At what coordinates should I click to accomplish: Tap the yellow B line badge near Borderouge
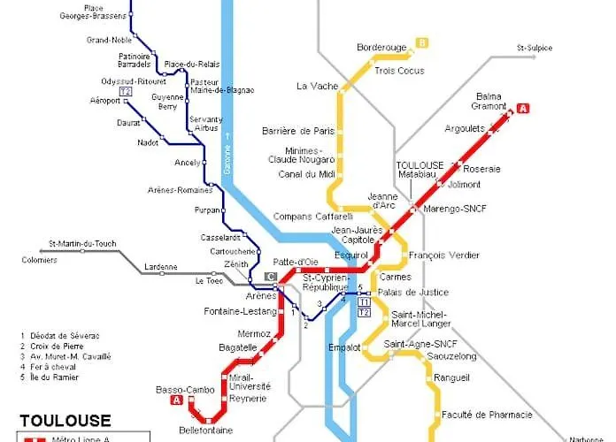pyautogui.click(x=423, y=42)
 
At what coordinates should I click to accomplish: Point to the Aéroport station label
pyautogui.click(x=105, y=101)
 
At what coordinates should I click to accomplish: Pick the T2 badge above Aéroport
pyautogui.click(x=126, y=91)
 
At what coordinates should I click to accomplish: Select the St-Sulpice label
pyautogui.click(x=534, y=48)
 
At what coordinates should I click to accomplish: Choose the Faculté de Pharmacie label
pyautogui.click(x=487, y=414)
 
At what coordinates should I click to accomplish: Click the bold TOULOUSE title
pyautogui.click(x=65, y=421)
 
